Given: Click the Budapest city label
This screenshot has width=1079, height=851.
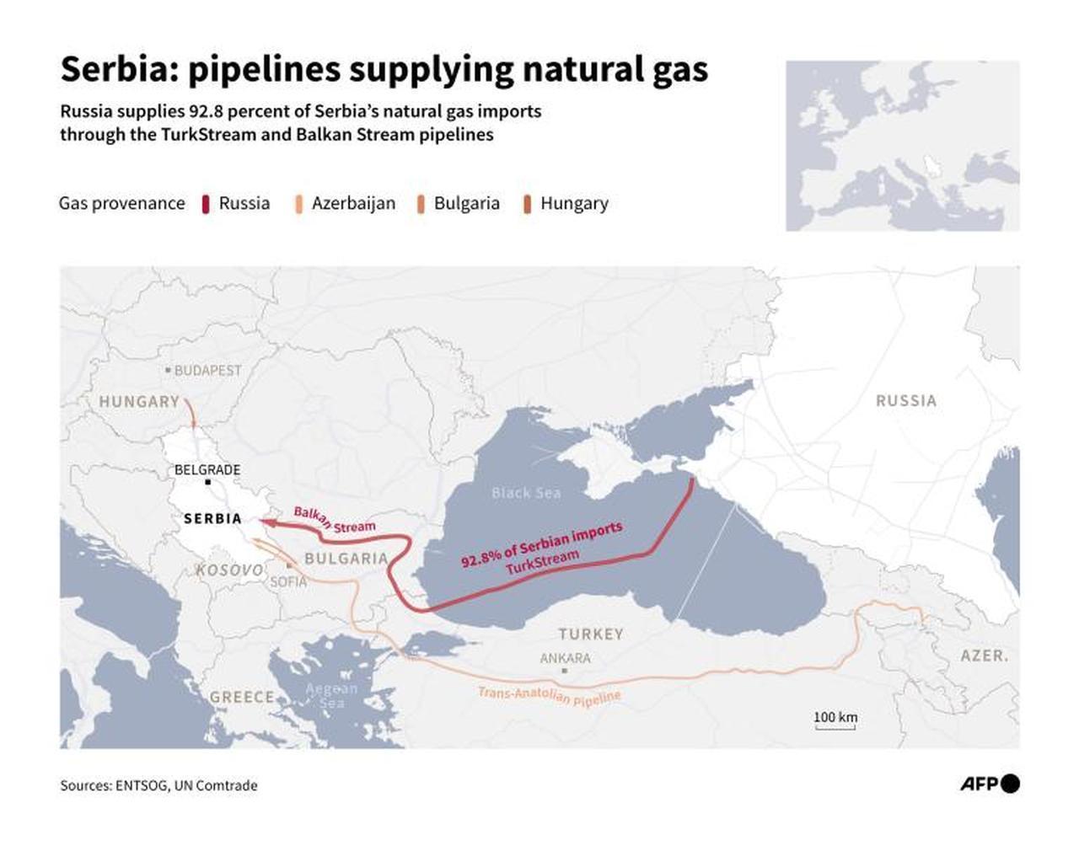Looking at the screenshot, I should click(207, 370).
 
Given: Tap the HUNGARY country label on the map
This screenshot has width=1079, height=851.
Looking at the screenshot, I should click(139, 402).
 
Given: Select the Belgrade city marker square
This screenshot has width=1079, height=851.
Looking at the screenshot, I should click(207, 482).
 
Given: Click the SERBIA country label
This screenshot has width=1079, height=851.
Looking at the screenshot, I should click(212, 518).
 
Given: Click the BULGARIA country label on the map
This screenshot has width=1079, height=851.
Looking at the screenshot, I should click(346, 558).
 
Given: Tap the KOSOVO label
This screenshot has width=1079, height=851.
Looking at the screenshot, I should click(229, 570).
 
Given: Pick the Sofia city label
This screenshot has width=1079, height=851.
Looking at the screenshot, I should click(288, 581).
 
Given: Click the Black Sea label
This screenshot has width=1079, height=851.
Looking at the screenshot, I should click(526, 493).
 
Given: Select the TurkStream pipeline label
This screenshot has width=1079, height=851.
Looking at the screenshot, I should click(543, 561).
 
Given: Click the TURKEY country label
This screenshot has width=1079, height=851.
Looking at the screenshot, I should click(590, 634).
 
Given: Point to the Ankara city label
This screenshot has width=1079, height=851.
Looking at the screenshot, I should click(566, 658).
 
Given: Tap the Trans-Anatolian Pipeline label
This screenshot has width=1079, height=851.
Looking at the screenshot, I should click(549, 696).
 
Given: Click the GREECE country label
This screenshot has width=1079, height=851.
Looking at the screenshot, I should click(242, 697).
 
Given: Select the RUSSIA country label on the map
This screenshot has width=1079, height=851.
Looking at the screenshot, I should click(906, 401).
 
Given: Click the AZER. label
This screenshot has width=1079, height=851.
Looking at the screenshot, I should click(984, 656).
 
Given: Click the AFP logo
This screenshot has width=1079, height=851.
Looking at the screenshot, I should click(990, 784).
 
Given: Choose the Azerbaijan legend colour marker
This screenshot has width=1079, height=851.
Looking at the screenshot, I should click(298, 204).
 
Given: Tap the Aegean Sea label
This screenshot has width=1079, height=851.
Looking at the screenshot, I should click(331, 695).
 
